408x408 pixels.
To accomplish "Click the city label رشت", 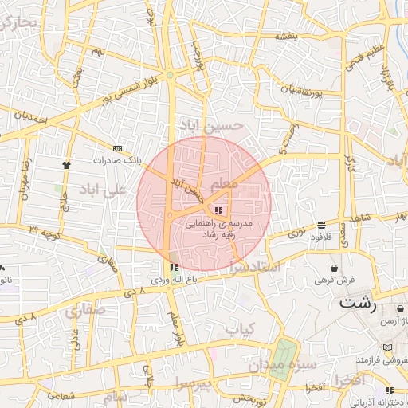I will [x=357, y=303].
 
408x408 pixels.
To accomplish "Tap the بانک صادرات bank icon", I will [x=118, y=148].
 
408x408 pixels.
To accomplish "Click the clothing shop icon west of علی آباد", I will [x=65, y=165].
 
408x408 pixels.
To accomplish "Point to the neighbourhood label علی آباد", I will [x=104, y=190].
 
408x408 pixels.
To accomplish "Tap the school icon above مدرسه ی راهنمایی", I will [x=218, y=210].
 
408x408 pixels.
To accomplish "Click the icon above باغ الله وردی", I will [x=174, y=267].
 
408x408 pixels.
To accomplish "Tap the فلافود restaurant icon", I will [x=320, y=226].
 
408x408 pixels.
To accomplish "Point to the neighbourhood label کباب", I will [x=239, y=328].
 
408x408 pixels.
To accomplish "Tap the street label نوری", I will [x=296, y=233].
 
